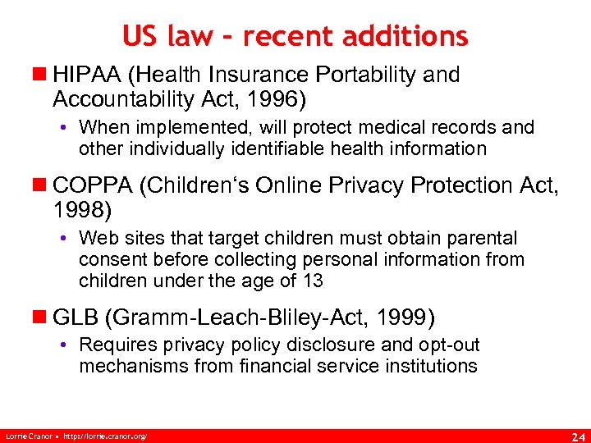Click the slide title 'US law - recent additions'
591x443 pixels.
(295, 35)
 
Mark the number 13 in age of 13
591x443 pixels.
(312, 281)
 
